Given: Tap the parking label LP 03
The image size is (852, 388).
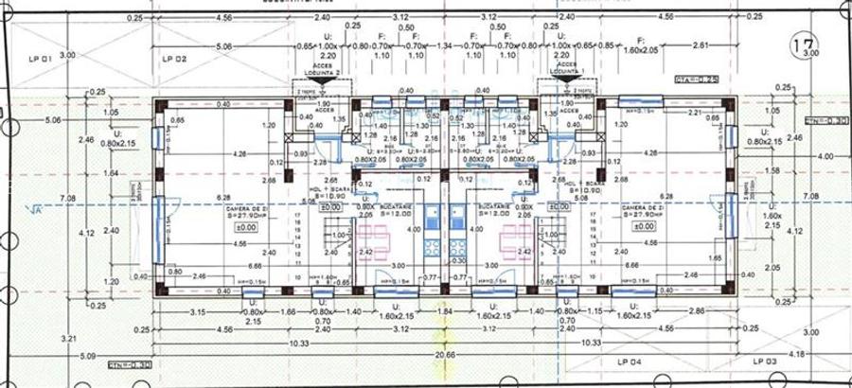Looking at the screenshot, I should point(766,362).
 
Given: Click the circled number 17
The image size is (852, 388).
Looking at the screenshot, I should point(805,43).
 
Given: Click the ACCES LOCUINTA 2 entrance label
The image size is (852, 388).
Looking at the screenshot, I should point(328,69).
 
